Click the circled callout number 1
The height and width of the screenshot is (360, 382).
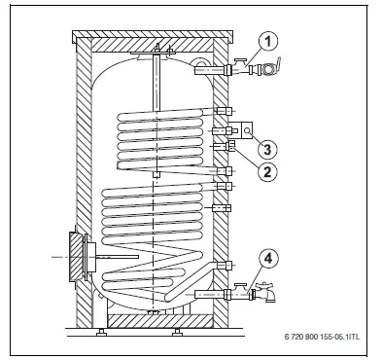click(x=268, y=42)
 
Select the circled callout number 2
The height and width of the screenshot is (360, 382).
click(x=263, y=168)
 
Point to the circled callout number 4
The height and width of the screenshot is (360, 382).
click(x=267, y=259)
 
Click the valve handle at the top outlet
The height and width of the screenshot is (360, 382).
click(x=273, y=66)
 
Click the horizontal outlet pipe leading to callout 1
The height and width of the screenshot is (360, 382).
click(x=208, y=69)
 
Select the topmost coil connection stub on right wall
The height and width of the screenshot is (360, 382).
click(x=225, y=111)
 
